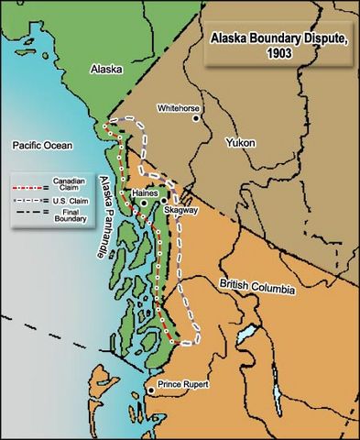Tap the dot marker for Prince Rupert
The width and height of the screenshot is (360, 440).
(151, 391)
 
